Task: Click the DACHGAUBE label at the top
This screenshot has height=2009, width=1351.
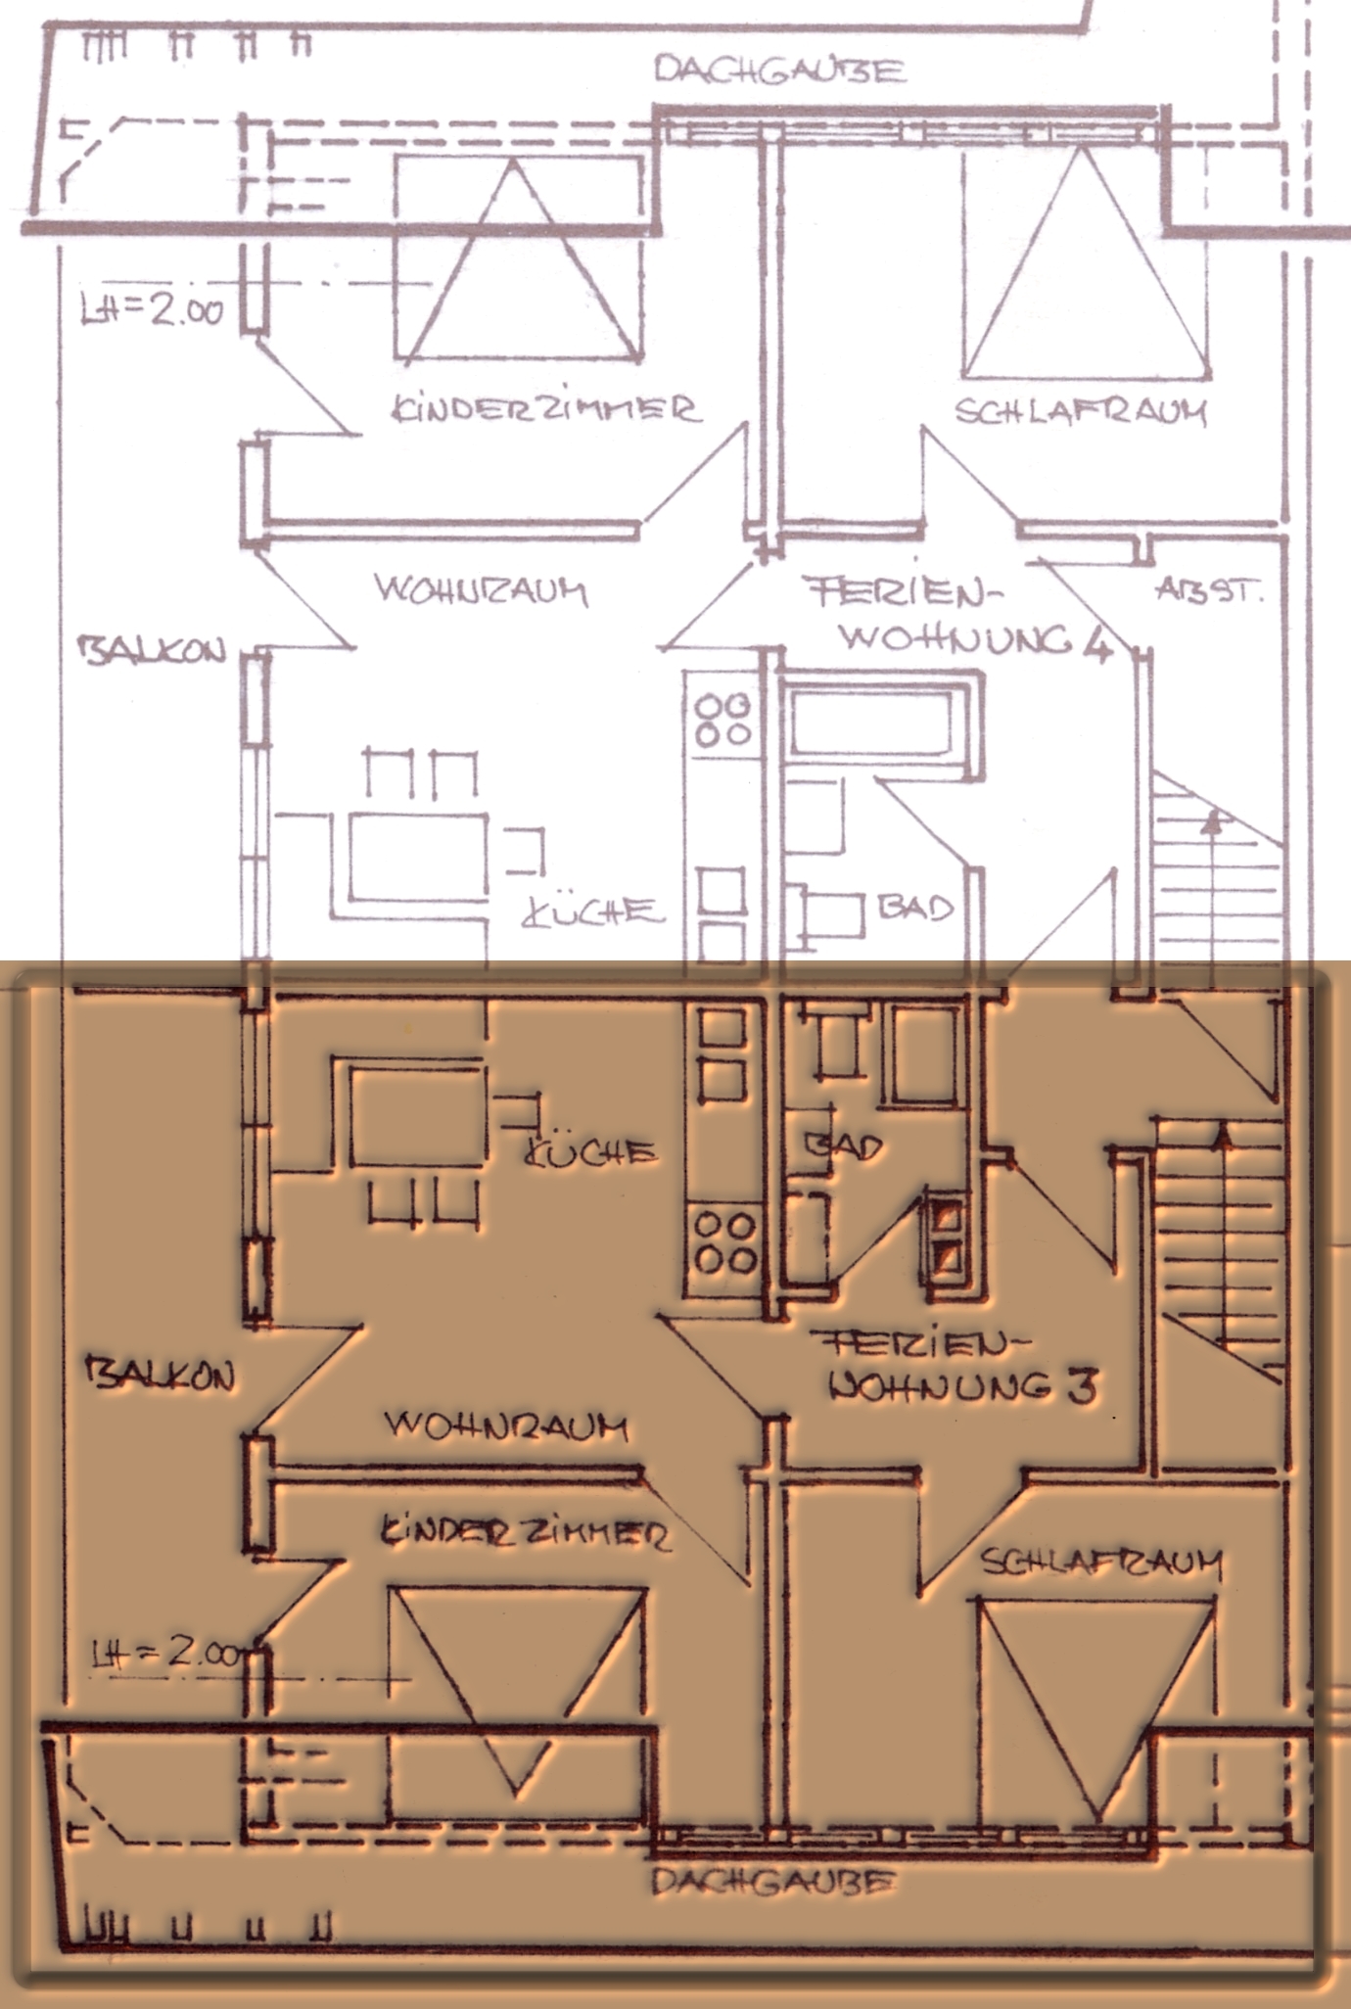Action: tap(779, 71)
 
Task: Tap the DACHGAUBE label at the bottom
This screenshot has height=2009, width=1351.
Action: tap(773, 1882)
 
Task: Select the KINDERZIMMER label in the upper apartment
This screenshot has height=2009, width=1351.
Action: tap(546, 408)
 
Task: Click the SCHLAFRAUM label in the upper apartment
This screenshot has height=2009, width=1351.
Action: tap(1081, 411)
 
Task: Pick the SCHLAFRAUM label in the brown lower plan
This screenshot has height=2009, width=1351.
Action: tap(1101, 1564)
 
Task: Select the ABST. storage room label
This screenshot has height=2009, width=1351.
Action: tap(1208, 590)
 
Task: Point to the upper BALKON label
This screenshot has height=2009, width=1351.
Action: tap(152, 651)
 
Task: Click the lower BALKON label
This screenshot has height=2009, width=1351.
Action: tap(162, 1374)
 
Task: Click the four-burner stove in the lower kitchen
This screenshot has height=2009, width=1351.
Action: tap(724, 1242)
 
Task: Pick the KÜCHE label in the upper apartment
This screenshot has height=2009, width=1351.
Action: tap(591, 911)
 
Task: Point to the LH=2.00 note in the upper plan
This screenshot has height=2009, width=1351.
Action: tap(153, 310)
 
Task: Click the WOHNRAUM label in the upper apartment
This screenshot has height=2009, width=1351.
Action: tap(481, 590)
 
